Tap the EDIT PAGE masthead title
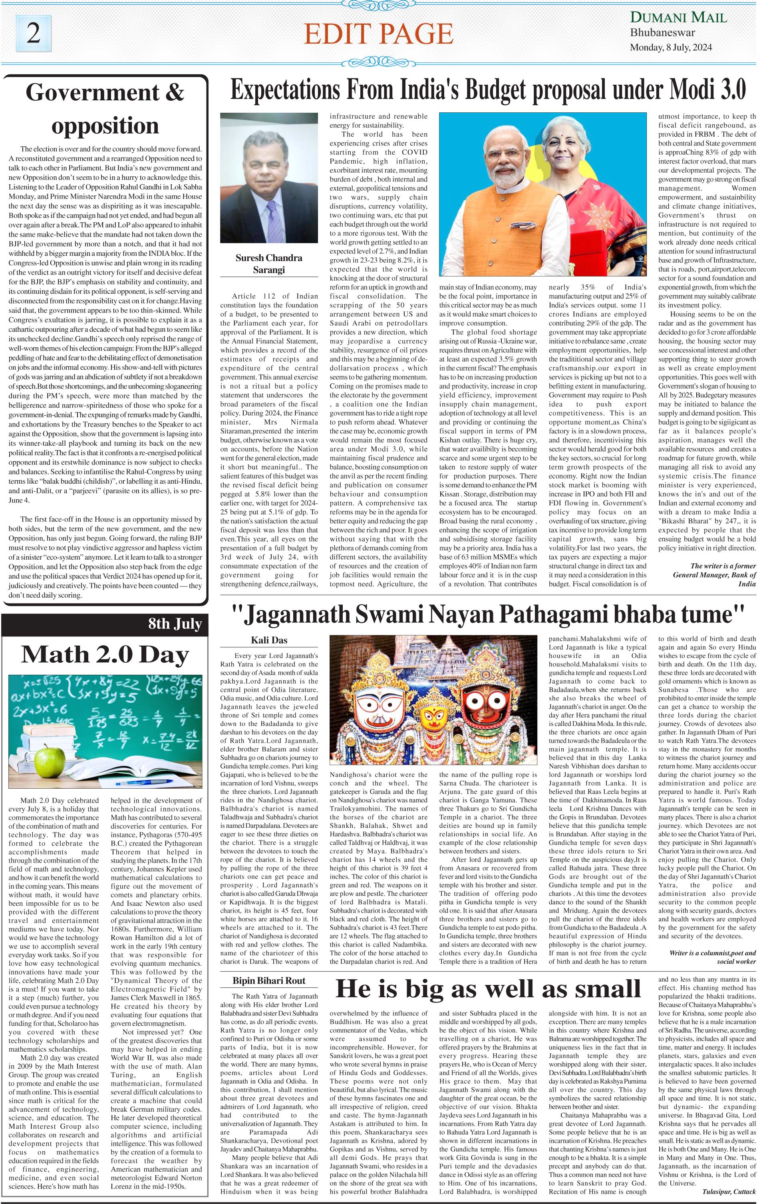pyautogui.click(x=378, y=34)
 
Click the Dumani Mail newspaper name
pyautogui.click(x=678, y=18)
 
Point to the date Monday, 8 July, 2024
pyautogui.click(x=671, y=48)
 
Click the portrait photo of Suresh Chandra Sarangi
pyautogui.click(x=269, y=179)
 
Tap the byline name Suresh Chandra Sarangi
pyautogui.click(x=269, y=263)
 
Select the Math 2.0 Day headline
pyautogui.click(x=105, y=654)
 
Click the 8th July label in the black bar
pyautogui.click(x=175, y=624)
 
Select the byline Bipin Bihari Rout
pyautogui.click(x=269, y=981)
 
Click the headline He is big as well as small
pyautogui.click(x=488, y=989)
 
